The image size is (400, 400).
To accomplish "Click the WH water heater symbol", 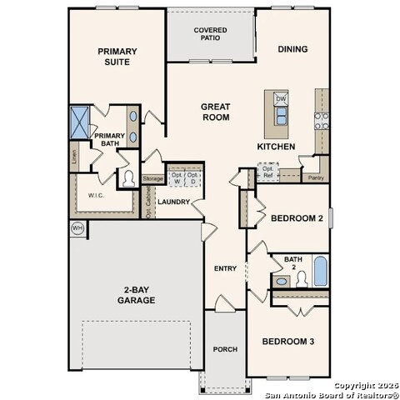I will (77, 228).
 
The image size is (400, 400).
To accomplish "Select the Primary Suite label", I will (117, 56).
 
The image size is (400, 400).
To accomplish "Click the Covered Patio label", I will (211, 35).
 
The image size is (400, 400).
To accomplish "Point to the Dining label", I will (292, 49).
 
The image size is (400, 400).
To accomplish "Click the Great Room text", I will (215, 112).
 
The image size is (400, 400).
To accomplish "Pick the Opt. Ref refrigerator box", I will (267, 172).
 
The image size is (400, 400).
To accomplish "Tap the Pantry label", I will (316, 177).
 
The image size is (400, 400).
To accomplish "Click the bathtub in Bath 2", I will (320, 272).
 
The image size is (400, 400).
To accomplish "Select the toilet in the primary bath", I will (129, 177).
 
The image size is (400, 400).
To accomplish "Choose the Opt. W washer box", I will (177, 177).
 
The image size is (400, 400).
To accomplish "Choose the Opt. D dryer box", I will (192, 177).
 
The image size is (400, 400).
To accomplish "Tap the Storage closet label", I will (152, 179).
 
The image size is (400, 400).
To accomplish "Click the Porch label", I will (226, 348).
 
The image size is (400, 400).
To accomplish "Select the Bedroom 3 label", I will (289, 341).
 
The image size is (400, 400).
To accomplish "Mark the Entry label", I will (226, 268).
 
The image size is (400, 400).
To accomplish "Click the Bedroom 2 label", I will (296, 218).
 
